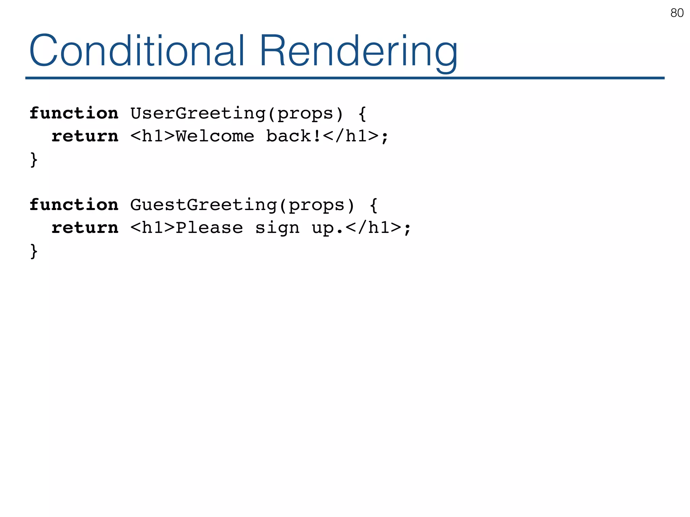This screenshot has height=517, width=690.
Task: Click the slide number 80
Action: tap(677, 13)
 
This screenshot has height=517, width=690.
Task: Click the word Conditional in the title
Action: tap(136, 51)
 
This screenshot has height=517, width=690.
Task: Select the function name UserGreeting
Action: tap(198, 113)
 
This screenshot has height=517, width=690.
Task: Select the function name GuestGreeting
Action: tap(203, 205)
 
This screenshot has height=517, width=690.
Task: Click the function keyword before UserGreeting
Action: tap(74, 113)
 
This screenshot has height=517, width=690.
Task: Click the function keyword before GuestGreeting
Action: tap(74, 205)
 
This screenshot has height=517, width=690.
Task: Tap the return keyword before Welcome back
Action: tap(85, 136)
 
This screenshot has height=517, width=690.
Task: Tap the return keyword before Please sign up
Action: tap(85, 228)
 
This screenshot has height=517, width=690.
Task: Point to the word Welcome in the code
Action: tap(215, 136)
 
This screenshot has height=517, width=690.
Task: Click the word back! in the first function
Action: tap(293, 136)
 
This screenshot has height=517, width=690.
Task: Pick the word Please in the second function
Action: tap(209, 228)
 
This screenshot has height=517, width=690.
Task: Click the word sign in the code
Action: tap(277, 228)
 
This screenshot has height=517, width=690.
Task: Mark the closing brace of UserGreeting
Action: tap(34, 159)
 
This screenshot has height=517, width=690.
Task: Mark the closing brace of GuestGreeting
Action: tap(34, 251)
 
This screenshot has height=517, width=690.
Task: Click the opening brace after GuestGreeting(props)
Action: tap(373, 205)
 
